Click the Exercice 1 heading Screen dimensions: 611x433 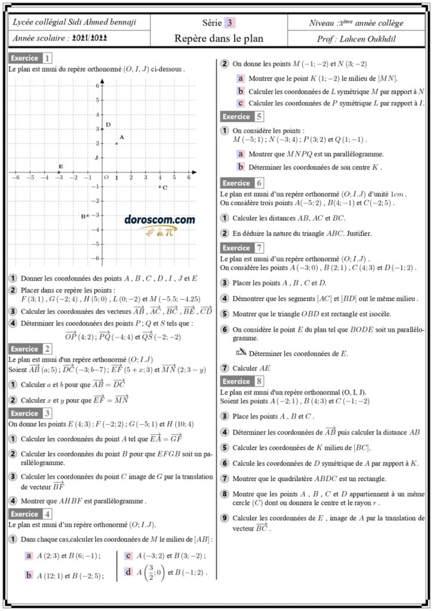point(30,58)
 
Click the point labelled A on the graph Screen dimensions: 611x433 point(116,143)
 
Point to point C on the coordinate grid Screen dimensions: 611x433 point(159,187)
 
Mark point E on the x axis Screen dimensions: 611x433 point(59,172)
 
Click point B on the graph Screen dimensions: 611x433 point(87,215)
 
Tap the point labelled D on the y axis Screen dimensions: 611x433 point(102,129)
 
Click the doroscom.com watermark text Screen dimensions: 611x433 point(160,220)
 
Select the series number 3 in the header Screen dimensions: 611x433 point(229,23)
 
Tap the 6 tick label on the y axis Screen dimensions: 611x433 point(97,86)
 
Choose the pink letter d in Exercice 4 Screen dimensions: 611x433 point(128,572)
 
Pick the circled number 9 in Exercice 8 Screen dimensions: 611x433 point(225,518)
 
